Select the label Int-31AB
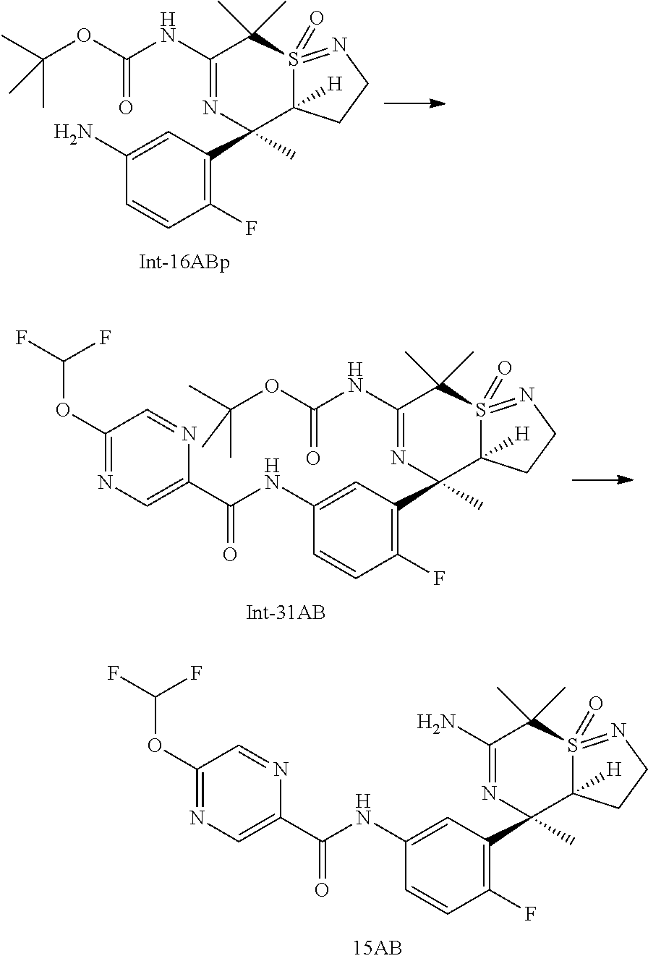[x=285, y=614]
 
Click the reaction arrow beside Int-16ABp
[x=413, y=104]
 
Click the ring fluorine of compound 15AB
[x=530, y=914]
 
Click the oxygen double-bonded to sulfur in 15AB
[x=595, y=702]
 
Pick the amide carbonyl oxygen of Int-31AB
[x=230, y=554]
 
